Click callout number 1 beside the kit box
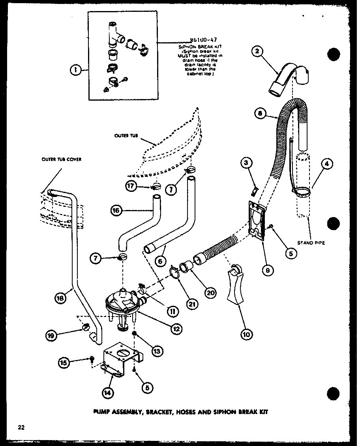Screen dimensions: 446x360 point(74,70)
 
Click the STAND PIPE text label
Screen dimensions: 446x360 point(312,243)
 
